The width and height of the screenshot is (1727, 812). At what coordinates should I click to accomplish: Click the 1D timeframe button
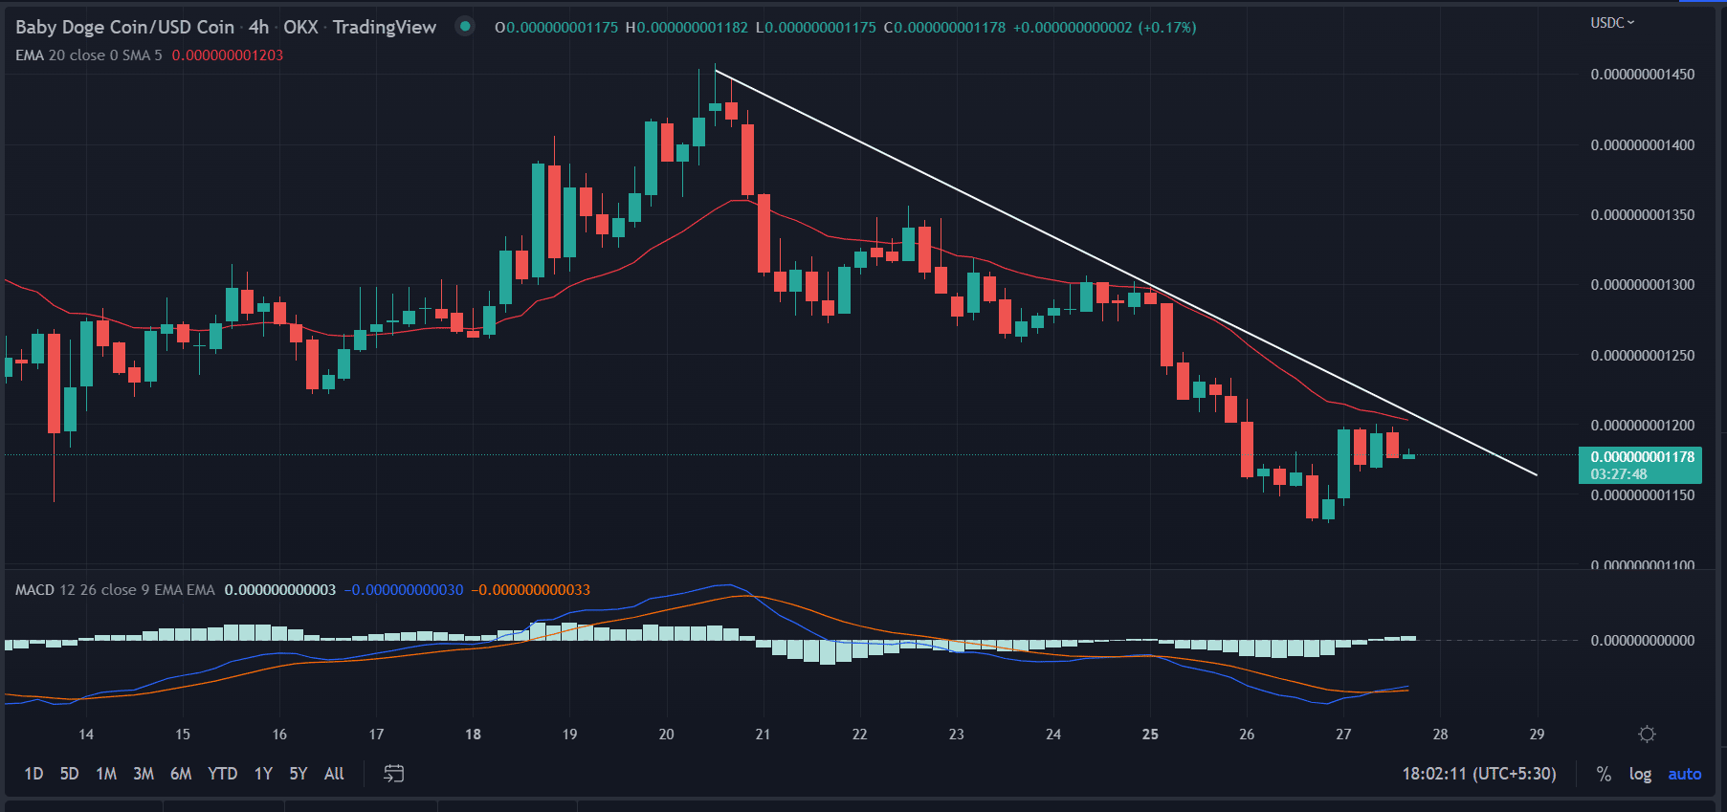click(x=33, y=774)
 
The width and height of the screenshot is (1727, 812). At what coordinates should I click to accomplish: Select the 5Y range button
click(x=299, y=774)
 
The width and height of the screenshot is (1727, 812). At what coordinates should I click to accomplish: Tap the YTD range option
click(x=223, y=774)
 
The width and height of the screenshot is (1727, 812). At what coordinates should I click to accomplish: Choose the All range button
click(x=334, y=774)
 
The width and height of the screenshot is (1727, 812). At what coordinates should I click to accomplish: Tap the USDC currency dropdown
click(x=1612, y=23)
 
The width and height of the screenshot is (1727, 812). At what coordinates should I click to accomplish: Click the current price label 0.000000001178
click(x=1642, y=457)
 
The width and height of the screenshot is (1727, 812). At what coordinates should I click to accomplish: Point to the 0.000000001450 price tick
click(x=1642, y=75)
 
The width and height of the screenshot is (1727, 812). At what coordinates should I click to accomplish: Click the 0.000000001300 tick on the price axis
click(x=1642, y=285)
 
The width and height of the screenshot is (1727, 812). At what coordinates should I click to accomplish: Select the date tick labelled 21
click(x=763, y=735)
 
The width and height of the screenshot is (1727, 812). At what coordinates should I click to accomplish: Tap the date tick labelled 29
click(x=1537, y=735)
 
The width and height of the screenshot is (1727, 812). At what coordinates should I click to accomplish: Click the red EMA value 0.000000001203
click(x=228, y=55)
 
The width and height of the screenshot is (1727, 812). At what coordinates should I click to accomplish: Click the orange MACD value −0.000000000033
click(x=532, y=590)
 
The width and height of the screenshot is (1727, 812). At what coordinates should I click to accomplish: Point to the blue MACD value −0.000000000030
click(x=405, y=590)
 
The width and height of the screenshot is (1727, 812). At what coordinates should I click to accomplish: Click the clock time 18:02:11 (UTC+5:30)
click(x=1479, y=774)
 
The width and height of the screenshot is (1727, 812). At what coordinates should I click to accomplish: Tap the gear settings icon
click(x=1647, y=735)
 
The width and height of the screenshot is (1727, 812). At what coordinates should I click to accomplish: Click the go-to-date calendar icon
click(x=393, y=774)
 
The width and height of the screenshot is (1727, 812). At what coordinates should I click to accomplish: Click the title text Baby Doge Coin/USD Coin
click(x=125, y=28)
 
